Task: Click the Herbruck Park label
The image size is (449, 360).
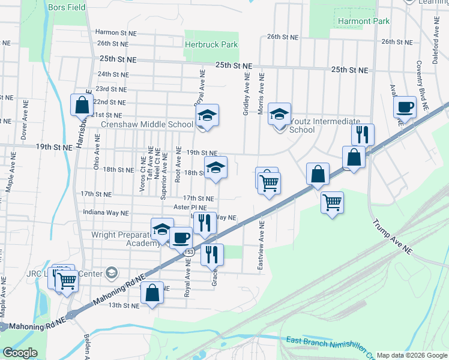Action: pos(211,44)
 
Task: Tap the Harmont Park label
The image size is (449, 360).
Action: pos(364,21)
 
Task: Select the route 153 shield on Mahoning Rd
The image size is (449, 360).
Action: pos(188,252)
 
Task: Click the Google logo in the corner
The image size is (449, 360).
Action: pos(19,353)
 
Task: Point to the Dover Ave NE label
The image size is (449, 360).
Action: pos(24,124)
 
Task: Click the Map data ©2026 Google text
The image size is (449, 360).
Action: pos(412,355)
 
